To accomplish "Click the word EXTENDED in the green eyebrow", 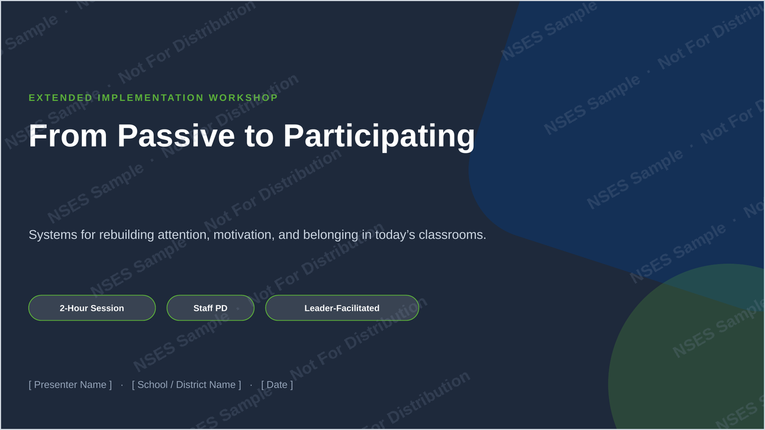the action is pyautogui.click(x=61, y=98).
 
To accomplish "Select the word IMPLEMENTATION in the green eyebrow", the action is pyautogui.click(x=151, y=98).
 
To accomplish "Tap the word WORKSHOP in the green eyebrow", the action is pyautogui.click(x=243, y=98).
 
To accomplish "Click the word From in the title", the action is pyautogui.click(x=68, y=136).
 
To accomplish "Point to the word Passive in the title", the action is pyautogui.click(x=176, y=136).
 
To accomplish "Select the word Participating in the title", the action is pyautogui.click(x=379, y=137).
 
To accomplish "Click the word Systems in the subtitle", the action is pyautogui.click(x=53, y=235).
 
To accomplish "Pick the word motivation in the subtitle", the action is pyautogui.click(x=244, y=235).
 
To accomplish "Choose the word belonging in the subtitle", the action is pyautogui.click(x=331, y=235).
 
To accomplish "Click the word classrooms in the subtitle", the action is pyautogui.click(x=452, y=235).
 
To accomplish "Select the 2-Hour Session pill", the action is pyautogui.click(x=92, y=308).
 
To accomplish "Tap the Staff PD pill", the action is pyautogui.click(x=210, y=308).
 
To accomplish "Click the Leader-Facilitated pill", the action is pyautogui.click(x=342, y=308).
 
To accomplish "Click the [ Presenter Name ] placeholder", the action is pyautogui.click(x=70, y=385).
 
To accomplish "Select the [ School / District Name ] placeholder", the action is pyautogui.click(x=186, y=385).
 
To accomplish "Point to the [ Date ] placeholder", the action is pyautogui.click(x=277, y=385).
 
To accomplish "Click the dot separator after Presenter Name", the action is pyautogui.click(x=122, y=385).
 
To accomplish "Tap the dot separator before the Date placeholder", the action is pyautogui.click(x=251, y=385).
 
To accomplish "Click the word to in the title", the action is pyautogui.click(x=259, y=137).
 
